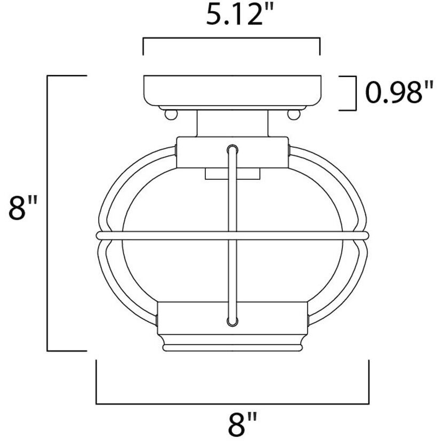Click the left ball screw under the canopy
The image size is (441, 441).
coord(170,114)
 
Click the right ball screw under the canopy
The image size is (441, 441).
coord(292,114)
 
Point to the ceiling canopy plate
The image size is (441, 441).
coord(232,91)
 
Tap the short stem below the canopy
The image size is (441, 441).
coord(232,123)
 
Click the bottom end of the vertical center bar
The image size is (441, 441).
coord(232,322)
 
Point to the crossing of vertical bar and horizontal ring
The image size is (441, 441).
coord(232,235)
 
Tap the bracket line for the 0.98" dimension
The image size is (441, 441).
coord(355,93)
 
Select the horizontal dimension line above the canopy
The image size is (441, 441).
coord(231,39)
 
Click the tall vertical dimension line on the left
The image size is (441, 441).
coord(48,213)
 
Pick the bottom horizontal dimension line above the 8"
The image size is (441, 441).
coord(232,403)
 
